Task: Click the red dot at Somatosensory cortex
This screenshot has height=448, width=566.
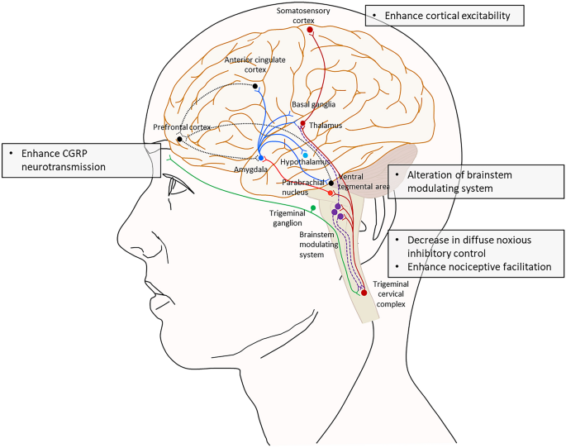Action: [310, 30]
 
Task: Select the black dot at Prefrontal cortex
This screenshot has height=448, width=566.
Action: [180, 139]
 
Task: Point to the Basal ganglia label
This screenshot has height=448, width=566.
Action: [311, 105]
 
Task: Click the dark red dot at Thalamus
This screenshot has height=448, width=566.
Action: [302, 124]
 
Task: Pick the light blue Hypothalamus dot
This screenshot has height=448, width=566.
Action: [305, 155]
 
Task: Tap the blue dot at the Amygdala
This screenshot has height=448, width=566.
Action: [261, 157]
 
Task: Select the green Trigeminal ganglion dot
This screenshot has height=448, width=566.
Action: [313, 207]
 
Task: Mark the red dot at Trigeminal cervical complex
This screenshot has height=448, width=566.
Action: [364, 292]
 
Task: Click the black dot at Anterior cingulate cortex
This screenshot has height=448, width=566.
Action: [255, 86]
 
